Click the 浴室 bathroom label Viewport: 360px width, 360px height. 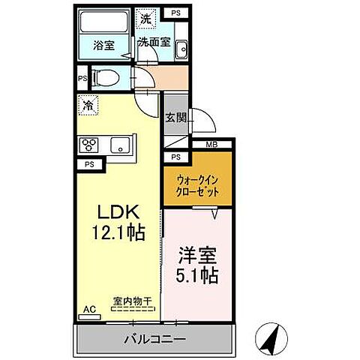(105, 44)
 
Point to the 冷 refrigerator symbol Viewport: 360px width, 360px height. (88, 105)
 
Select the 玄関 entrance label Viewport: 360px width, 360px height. (176, 117)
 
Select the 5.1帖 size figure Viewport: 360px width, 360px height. (198, 276)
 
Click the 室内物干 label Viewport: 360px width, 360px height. (132, 301)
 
